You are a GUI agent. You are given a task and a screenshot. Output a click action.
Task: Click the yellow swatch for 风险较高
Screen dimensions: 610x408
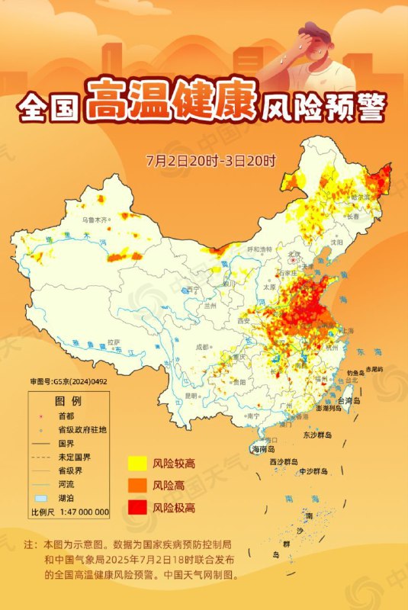137,463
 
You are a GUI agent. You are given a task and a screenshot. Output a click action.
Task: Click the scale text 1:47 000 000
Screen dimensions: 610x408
80,512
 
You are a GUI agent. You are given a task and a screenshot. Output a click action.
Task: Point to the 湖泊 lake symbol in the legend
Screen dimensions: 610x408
43,498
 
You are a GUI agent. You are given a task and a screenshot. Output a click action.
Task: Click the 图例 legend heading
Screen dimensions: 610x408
67,402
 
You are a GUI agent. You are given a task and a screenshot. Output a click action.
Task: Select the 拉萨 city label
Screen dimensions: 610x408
114,342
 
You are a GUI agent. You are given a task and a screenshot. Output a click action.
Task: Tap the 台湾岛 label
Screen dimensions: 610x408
352,400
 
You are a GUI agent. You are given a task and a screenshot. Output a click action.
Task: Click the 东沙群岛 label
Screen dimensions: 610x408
317,435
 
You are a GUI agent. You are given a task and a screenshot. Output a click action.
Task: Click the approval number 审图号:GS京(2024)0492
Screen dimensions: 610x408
69,382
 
